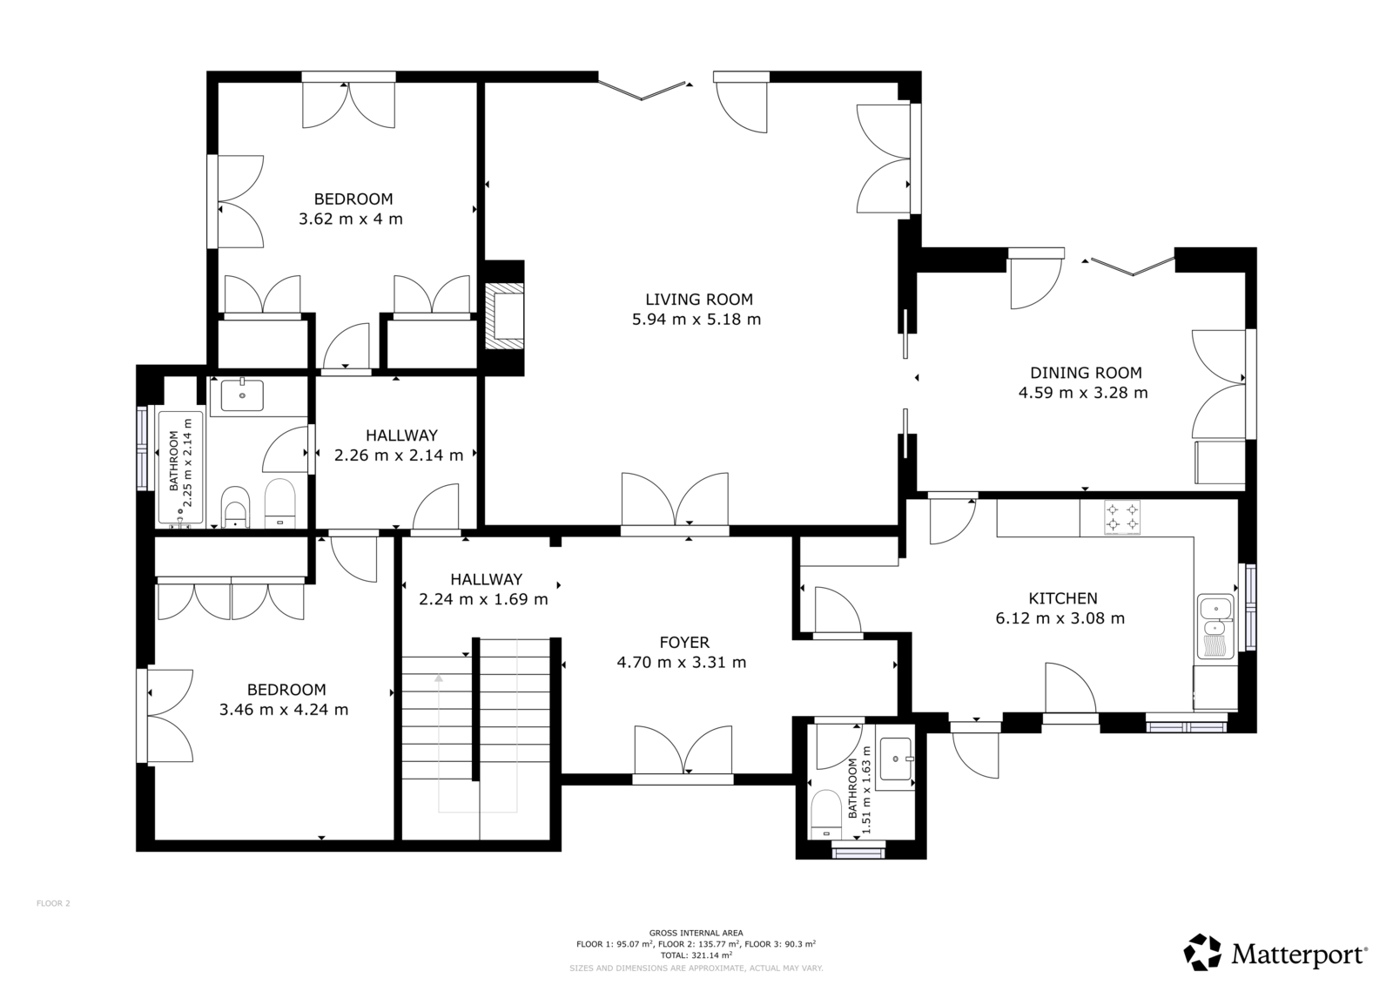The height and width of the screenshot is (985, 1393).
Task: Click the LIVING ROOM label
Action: tap(698, 300)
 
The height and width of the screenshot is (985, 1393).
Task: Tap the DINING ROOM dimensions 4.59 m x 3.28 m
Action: tap(1083, 393)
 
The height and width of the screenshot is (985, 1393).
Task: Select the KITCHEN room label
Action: tap(1063, 598)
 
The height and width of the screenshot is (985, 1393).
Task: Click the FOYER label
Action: tap(684, 642)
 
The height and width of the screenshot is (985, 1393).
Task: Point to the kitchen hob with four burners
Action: tap(1122, 517)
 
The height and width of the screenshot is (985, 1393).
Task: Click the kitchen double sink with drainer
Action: tap(1215, 626)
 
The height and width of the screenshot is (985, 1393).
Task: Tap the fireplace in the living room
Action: tap(504, 317)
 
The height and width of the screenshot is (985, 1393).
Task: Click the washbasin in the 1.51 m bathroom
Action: tap(896, 759)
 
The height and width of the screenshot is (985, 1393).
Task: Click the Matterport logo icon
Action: tap(1202, 952)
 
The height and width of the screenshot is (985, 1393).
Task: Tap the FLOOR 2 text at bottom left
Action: tap(53, 903)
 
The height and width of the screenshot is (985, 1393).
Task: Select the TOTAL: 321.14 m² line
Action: tap(696, 955)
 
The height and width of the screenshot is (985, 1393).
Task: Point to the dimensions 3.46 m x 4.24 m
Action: tap(284, 709)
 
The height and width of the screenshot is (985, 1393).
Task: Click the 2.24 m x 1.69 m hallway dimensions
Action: tap(483, 599)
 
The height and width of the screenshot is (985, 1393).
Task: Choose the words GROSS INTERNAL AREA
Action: tap(696, 933)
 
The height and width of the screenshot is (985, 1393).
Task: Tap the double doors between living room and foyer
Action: tap(675, 502)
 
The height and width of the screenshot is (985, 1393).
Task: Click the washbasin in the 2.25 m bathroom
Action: tap(242, 395)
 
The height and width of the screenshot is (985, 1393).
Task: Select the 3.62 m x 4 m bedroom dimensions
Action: tap(351, 219)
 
